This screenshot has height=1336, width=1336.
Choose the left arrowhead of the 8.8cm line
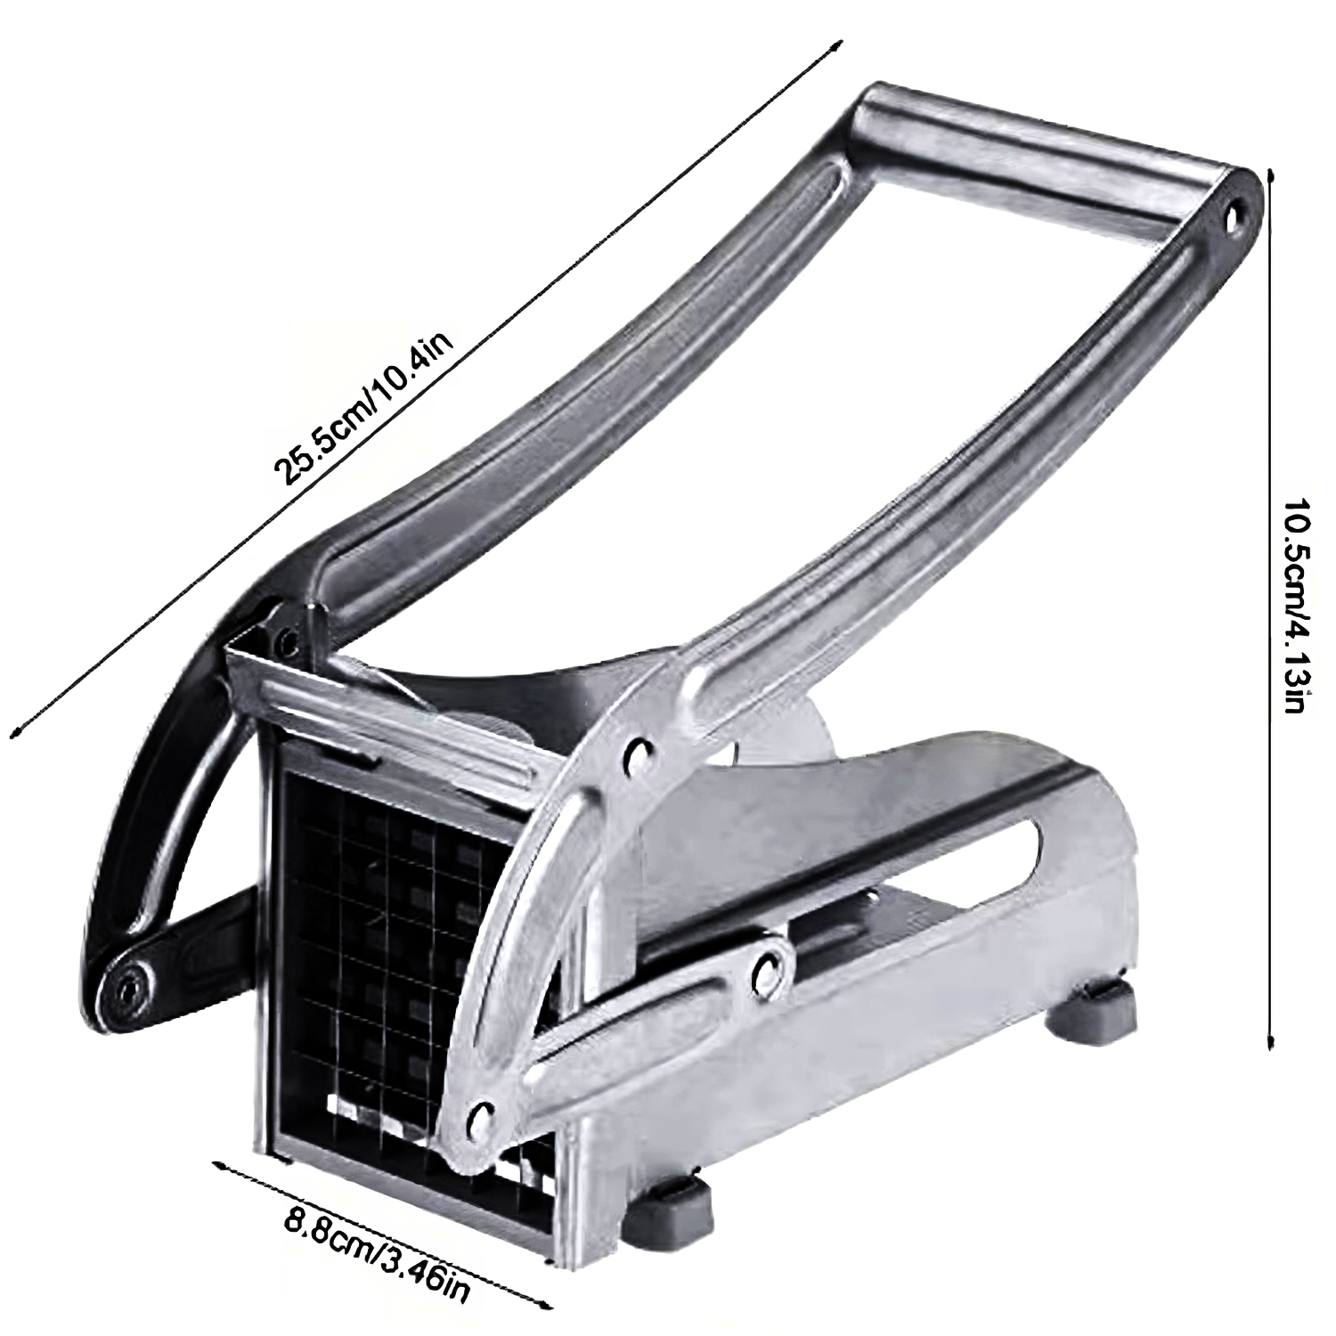click(x=216, y=1161)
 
